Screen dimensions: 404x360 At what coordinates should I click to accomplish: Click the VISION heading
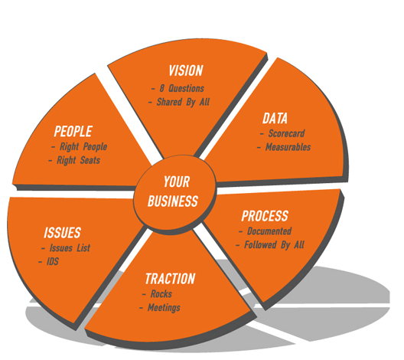point(186,70)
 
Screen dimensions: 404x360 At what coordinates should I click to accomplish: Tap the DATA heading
point(275,119)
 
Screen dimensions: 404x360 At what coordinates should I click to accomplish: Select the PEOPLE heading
point(73,131)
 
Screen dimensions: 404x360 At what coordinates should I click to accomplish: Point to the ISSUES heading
point(62,233)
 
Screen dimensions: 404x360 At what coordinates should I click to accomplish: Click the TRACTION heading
point(171,279)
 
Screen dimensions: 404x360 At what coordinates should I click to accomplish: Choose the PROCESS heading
point(265,216)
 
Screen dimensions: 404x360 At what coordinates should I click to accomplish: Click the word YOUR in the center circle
point(177,182)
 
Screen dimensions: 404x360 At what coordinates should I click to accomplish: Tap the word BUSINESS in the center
point(173,201)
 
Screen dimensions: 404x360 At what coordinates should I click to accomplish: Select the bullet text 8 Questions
point(182,88)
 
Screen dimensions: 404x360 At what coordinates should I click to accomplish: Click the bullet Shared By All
point(183,102)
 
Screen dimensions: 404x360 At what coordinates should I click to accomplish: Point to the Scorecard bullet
point(286,133)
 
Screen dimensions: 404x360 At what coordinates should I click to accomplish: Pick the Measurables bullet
point(288,147)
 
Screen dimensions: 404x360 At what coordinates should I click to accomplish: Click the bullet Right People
point(83,147)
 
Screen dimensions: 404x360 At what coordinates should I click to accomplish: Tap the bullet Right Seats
point(78,160)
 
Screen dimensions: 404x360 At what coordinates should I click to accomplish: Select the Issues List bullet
point(70,248)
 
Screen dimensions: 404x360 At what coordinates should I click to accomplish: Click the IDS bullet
point(53,262)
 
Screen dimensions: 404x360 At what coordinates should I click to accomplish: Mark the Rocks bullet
point(161,294)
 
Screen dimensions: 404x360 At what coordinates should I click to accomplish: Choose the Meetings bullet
point(164,308)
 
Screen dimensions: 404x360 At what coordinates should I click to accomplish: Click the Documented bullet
point(269,231)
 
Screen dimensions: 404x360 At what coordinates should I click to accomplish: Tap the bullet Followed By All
point(274,245)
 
